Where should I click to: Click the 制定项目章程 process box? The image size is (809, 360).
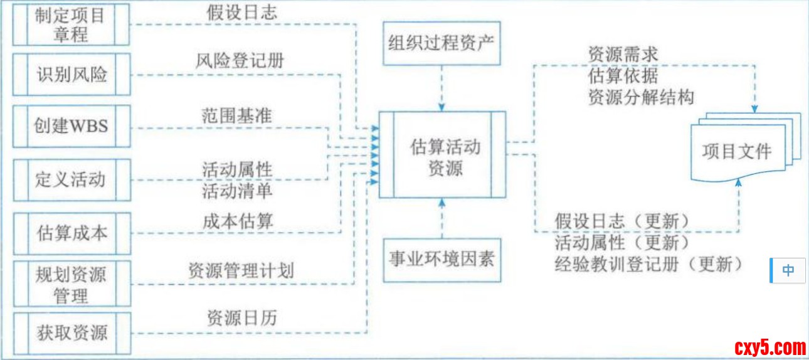(71, 24)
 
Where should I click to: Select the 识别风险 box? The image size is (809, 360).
(71, 75)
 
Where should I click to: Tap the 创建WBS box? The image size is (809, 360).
(71, 125)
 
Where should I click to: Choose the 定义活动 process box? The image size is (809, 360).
(71, 179)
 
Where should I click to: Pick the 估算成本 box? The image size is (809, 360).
(71, 233)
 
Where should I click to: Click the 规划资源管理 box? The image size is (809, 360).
(71, 283)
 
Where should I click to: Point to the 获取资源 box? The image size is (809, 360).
(71, 332)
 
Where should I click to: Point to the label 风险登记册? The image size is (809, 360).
(240, 61)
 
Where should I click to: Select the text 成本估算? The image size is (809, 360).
(238, 220)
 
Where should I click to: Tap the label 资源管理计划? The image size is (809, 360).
(241, 270)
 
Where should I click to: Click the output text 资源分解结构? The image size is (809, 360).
(641, 97)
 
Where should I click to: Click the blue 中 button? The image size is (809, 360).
(788, 270)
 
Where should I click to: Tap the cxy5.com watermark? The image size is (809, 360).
(770, 347)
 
